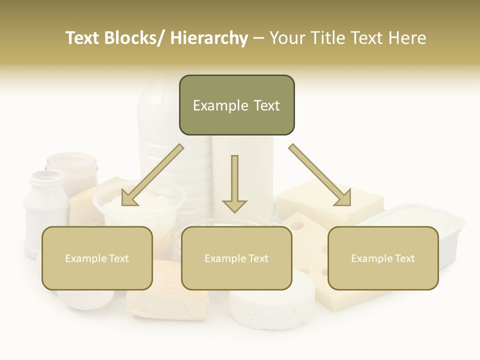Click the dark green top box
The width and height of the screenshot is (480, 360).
point(236,105)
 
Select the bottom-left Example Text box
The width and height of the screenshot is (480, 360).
point(97,258)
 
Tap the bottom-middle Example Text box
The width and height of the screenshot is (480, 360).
point(236,258)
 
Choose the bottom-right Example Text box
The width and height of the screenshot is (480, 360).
point(383,258)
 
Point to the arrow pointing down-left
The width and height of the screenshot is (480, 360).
point(152,175)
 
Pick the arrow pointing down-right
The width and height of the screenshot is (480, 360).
point(320,175)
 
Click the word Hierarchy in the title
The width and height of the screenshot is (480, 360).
point(209,38)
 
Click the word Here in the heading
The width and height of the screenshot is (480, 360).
point(407,38)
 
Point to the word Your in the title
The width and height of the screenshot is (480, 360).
point(287,38)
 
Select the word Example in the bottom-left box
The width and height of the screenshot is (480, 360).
point(85,258)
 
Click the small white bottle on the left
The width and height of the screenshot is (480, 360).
point(45,205)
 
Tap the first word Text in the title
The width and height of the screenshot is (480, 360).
point(83,38)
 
